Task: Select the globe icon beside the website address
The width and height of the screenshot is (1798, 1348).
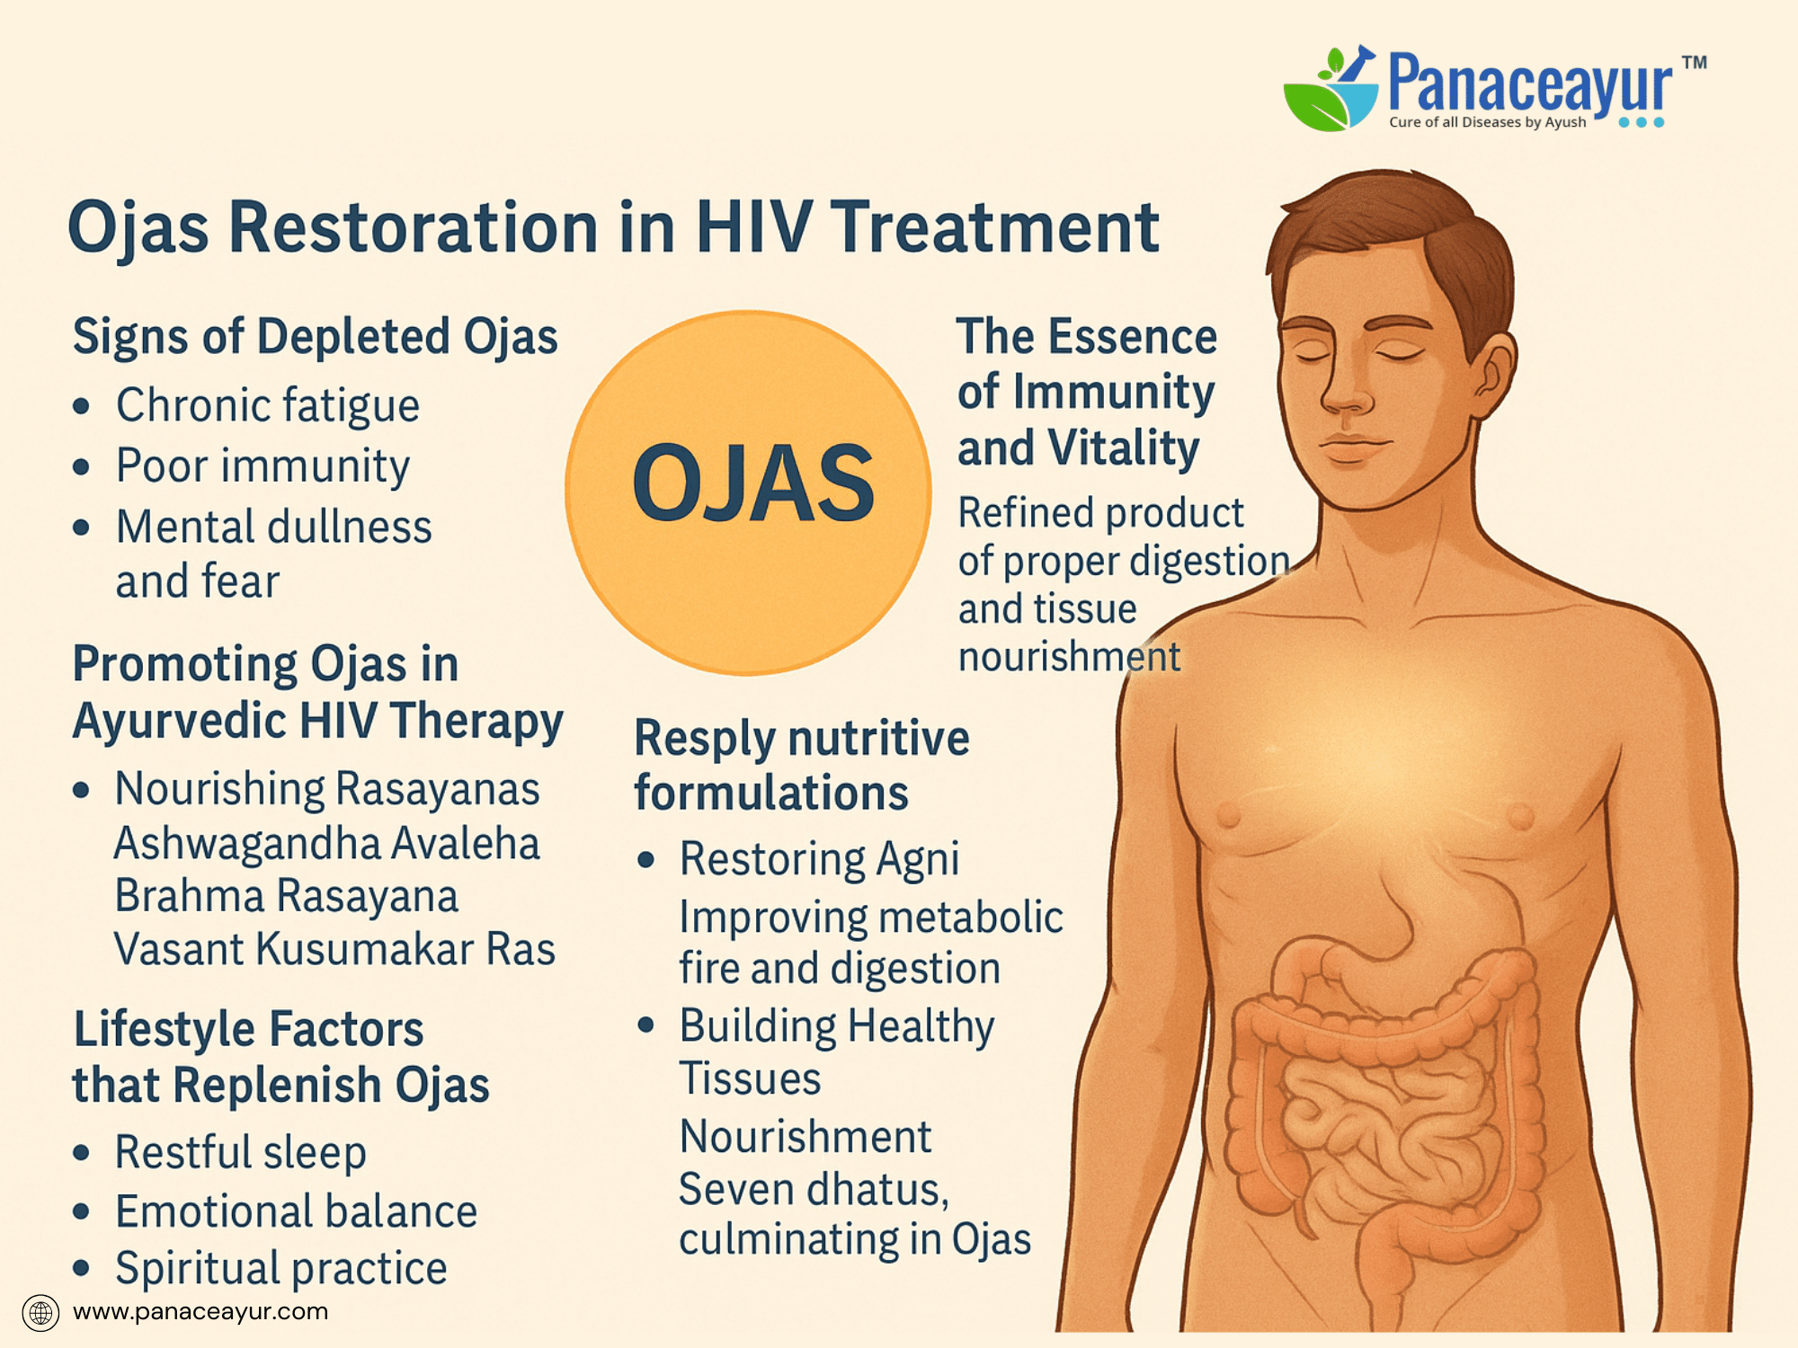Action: pyautogui.click(x=40, y=1313)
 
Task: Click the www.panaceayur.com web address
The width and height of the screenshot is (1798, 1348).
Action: pyautogui.click(x=200, y=1312)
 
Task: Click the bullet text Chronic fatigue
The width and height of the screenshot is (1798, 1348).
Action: pyautogui.click(x=268, y=405)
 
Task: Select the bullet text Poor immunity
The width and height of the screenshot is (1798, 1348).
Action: pyautogui.click(x=263, y=466)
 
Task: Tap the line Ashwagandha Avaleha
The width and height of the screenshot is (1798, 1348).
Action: pyautogui.click(x=327, y=844)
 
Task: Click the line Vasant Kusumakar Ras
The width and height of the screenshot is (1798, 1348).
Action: pyautogui.click(x=334, y=949)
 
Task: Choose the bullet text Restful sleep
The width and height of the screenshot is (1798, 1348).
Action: pyautogui.click(x=241, y=1153)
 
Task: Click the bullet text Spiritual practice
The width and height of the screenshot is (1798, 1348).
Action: pyautogui.click(x=281, y=1269)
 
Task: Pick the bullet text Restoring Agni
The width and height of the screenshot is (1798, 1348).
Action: pyautogui.click(x=819, y=859)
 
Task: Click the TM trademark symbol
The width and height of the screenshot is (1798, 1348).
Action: pyautogui.click(x=1695, y=62)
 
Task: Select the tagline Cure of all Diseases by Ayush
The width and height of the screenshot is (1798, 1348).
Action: pyautogui.click(x=1488, y=122)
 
